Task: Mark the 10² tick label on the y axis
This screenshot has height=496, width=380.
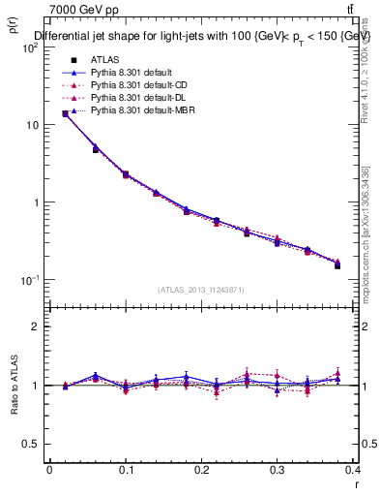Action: click(x=32, y=47)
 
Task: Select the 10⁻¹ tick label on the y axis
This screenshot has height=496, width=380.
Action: click(x=31, y=280)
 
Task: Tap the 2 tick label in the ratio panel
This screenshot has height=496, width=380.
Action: click(x=36, y=326)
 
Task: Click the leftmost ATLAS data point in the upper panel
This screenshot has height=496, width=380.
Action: click(x=65, y=113)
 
